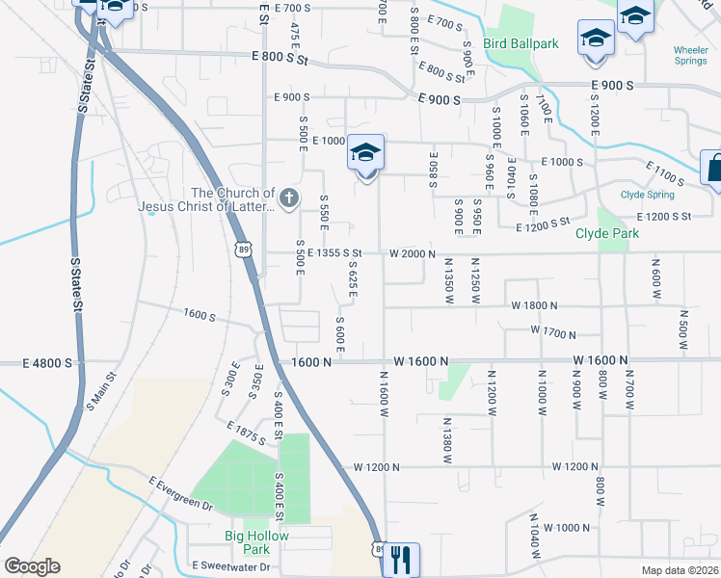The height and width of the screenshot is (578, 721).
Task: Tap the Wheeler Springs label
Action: (690, 56)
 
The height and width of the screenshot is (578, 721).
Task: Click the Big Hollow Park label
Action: (243, 543)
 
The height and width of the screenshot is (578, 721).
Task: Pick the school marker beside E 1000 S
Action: (365, 153)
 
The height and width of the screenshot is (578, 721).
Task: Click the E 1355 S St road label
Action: (328, 253)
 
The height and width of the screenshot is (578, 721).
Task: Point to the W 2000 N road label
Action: (414, 253)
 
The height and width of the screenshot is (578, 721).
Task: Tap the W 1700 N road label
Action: (552, 334)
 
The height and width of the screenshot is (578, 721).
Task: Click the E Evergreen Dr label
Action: (180, 492)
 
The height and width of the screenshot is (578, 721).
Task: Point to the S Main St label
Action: (101, 390)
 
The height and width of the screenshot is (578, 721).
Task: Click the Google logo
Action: (32, 566)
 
